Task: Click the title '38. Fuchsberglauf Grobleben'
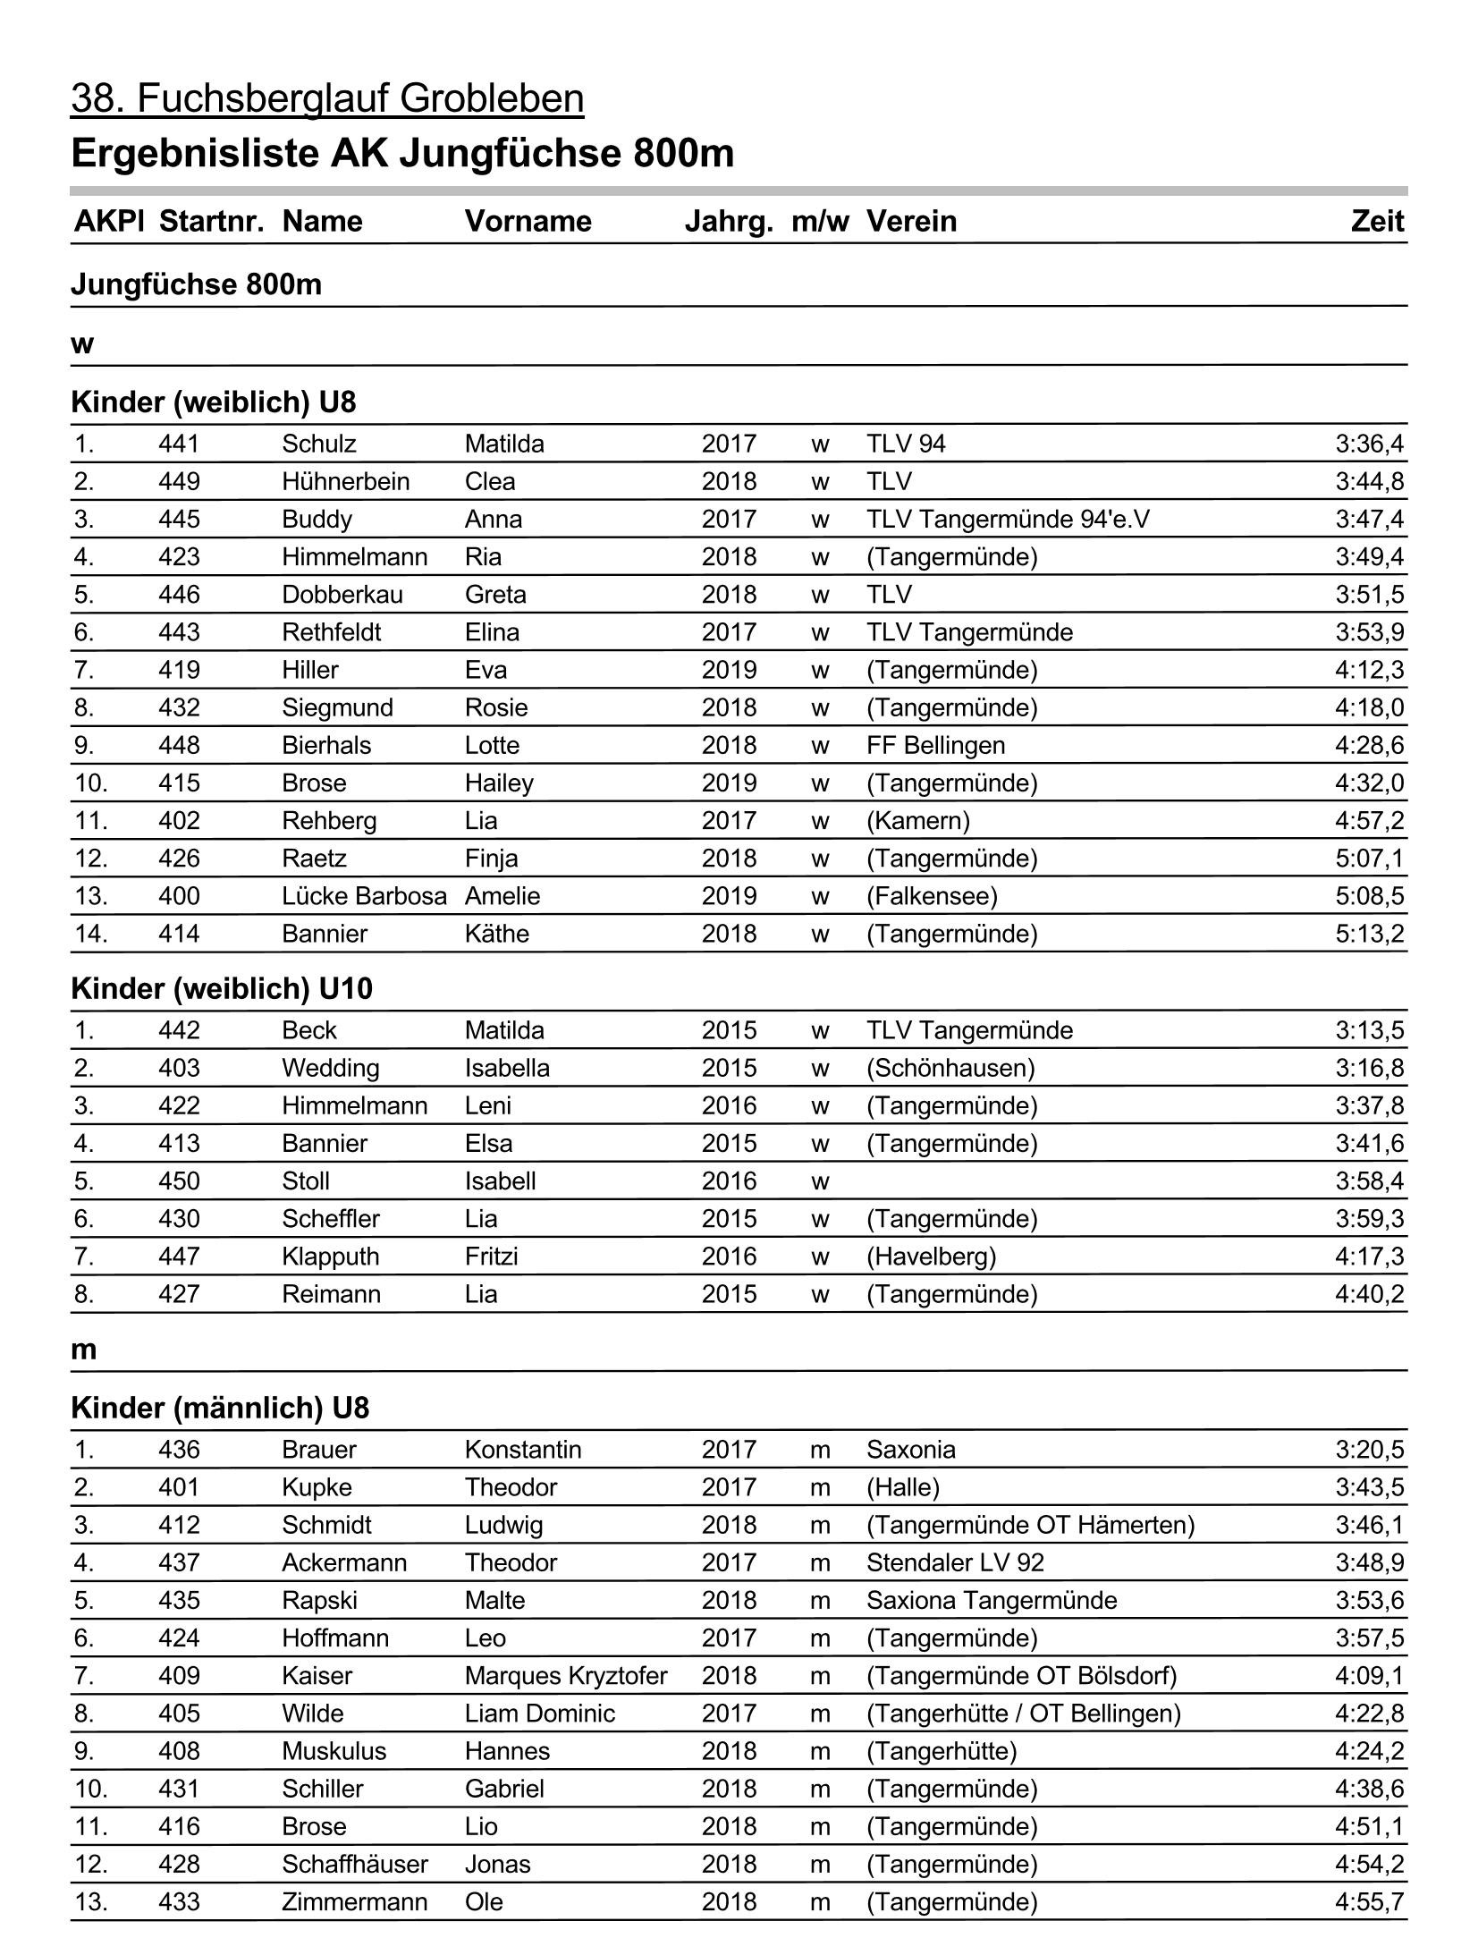(x=327, y=98)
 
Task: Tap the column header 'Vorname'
(x=528, y=222)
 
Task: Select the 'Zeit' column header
(x=1377, y=222)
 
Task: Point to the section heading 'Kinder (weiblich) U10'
(x=222, y=989)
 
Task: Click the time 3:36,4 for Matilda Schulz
(x=1369, y=444)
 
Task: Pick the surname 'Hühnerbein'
(x=345, y=481)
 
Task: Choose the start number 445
(x=179, y=519)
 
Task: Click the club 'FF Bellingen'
(x=935, y=745)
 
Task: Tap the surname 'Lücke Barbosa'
(x=364, y=896)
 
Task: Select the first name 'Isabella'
(x=507, y=1068)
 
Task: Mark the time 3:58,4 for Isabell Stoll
(x=1369, y=1181)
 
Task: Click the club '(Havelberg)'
(x=931, y=1257)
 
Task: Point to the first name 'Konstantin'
(x=523, y=1450)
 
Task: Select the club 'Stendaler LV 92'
(x=955, y=1562)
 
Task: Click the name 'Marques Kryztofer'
(x=566, y=1675)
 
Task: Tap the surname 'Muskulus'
(x=334, y=1751)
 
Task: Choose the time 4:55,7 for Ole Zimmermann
(x=1369, y=1901)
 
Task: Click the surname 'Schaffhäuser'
(x=355, y=1864)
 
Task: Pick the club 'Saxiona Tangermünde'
(x=992, y=1600)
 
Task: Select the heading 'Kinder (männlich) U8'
(x=220, y=1409)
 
